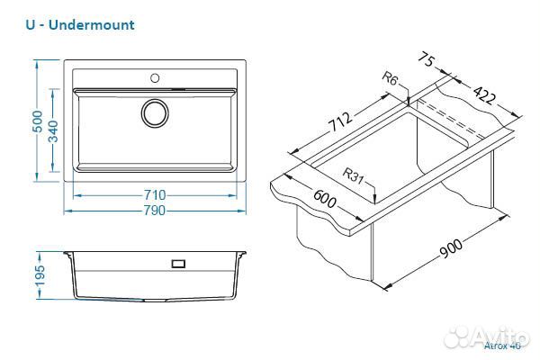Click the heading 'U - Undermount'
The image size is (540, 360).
(x=80, y=24)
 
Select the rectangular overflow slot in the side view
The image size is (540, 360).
(x=178, y=264)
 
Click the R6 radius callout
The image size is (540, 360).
(x=390, y=80)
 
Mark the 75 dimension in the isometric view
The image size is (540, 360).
(x=427, y=63)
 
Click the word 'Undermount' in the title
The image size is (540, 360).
(x=94, y=24)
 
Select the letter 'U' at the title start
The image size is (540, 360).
(x=31, y=24)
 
